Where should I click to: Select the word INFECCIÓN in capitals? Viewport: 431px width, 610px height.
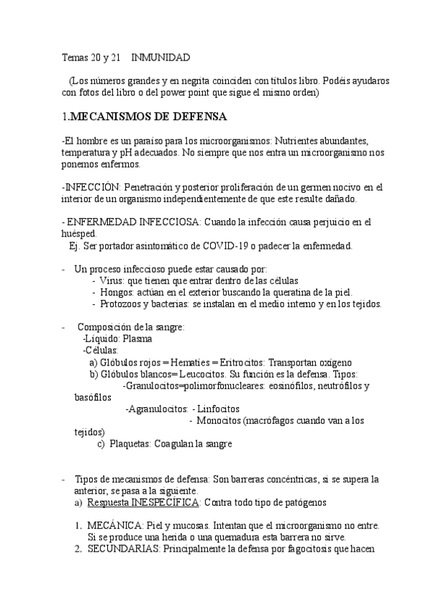(92, 187)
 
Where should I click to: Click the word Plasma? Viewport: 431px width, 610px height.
(138, 338)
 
